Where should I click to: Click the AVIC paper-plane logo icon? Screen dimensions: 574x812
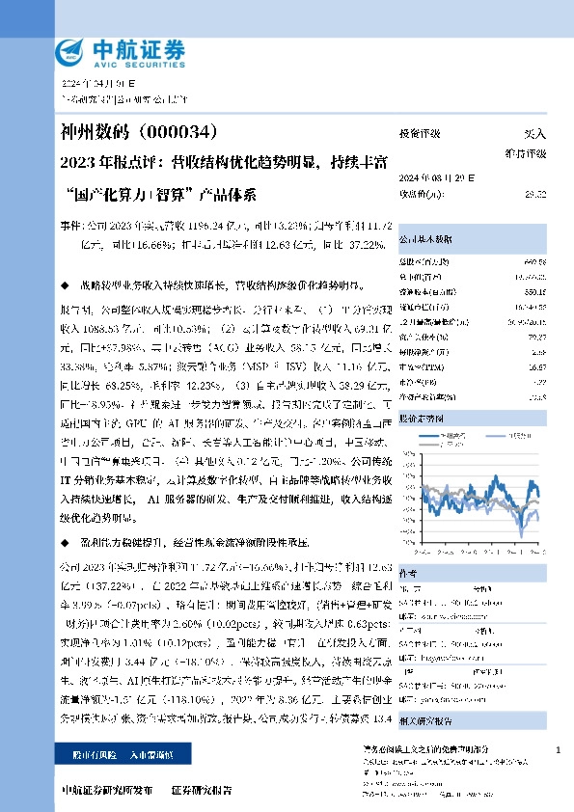pyautogui.click(x=75, y=52)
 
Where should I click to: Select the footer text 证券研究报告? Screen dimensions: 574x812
pyautogui.click(x=202, y=789)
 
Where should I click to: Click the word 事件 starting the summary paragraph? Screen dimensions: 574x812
pyautogui.click(x=71, y=224)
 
